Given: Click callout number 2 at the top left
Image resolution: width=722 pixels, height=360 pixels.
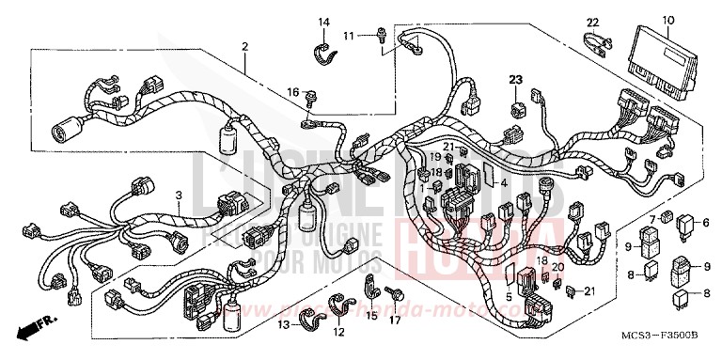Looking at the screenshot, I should (244, 46).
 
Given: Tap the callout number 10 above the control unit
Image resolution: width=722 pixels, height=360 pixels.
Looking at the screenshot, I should (668, 20).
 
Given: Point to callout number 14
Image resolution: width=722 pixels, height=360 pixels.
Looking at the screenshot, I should (323, 22).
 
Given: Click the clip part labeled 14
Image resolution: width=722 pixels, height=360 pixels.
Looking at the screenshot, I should (322, 46).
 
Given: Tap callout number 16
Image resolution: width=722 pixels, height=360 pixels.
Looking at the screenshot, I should (292, 91).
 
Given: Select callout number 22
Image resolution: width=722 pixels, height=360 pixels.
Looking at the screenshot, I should (593, 22).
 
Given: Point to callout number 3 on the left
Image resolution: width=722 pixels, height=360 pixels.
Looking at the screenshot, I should (178, 195).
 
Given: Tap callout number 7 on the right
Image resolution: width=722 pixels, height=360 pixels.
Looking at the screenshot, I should (651, 219).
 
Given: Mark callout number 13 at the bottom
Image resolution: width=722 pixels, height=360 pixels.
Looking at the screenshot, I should (281, 324).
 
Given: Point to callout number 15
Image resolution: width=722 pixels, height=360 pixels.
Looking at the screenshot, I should (372, 318).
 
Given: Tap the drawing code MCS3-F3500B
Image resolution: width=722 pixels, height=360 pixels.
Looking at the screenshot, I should (661, 346).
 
